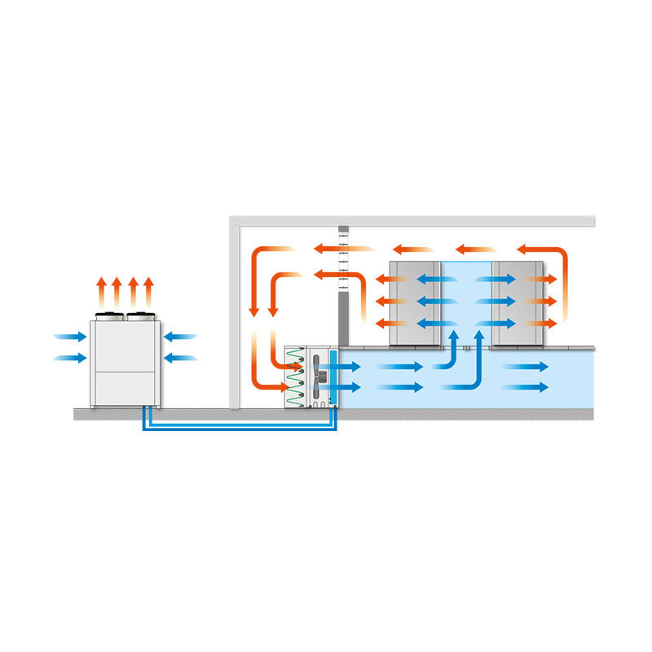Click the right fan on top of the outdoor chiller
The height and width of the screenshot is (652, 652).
pos(138,315)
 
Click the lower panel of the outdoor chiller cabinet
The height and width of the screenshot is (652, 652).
pos(125,388)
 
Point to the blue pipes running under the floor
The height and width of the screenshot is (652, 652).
pos(240,426)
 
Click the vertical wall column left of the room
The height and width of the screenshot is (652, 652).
pos(235,318)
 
